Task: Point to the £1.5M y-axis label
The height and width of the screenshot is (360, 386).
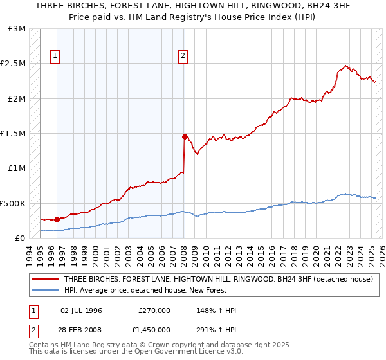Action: pyautogui.click(x=14, y=134)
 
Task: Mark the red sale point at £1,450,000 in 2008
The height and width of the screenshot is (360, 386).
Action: pyautogui.click(x=185, y=136)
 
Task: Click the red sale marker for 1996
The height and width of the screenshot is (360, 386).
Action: pyautogui.click(x=57, y=219)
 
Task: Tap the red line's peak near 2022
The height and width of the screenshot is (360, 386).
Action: pyautogui.click(x=346, y=65)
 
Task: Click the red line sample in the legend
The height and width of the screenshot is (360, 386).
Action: pyautogui.click(x=46, y=280)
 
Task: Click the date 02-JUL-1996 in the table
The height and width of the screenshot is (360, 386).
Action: pyautogui.click(x=82, y=310)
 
